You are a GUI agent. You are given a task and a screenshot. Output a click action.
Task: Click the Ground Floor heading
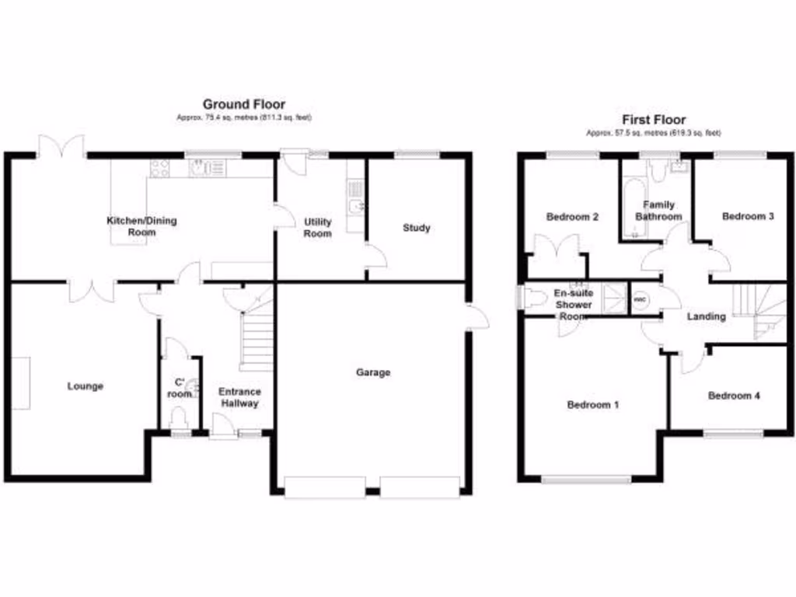point(243,104)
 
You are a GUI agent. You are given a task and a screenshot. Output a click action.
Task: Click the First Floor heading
point(654,120)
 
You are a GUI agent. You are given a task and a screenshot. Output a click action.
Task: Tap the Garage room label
point(373,372)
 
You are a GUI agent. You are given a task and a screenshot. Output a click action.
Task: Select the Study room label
point(417,228)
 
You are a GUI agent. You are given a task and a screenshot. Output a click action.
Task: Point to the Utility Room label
point(317,228)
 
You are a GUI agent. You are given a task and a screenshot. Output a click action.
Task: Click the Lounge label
point(86,386)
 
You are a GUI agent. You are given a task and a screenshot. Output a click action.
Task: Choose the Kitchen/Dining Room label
point(141,226)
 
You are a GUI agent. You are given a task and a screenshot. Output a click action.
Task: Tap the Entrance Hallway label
point(239,397)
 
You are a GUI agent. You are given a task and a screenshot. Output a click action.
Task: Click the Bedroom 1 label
point(593,405)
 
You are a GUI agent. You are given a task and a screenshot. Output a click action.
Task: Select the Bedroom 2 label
point(572,217)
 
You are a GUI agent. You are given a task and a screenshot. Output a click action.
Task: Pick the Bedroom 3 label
point(748,216)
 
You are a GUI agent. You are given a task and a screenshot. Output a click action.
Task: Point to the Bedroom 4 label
point(734,396)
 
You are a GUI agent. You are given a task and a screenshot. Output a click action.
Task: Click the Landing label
point(707,316)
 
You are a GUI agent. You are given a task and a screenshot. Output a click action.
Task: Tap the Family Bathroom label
point(658,211)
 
